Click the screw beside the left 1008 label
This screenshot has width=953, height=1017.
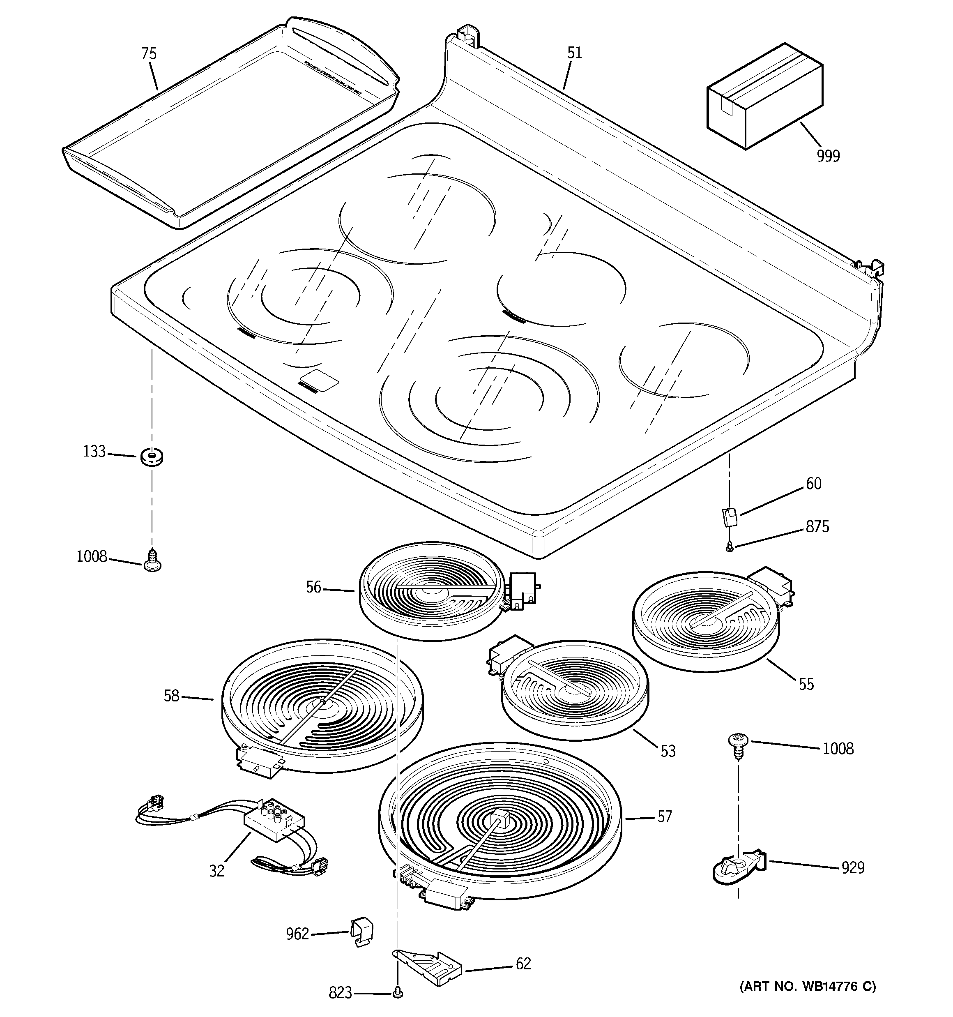pos(152,560)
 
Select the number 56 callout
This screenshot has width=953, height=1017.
pos(313,587)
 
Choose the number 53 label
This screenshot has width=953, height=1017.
pos(668,751)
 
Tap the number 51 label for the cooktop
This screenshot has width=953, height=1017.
pos(574,53)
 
